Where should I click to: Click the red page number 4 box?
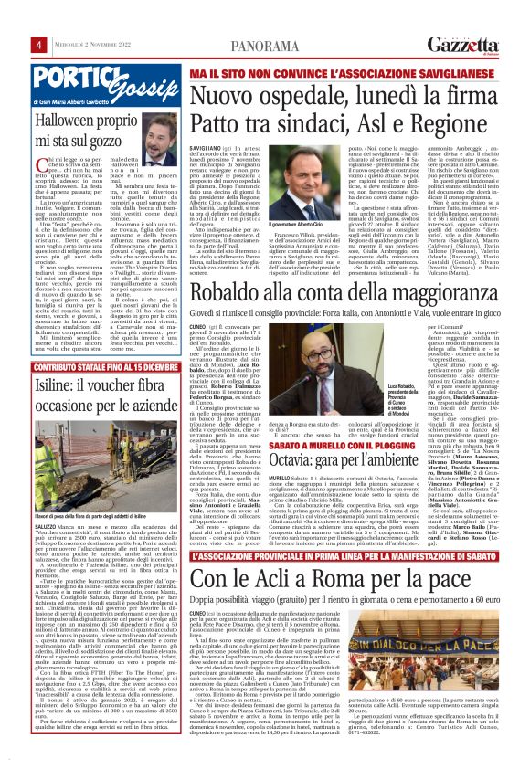15,19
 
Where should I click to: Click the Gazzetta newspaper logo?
476,17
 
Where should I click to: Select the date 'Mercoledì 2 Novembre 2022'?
63,19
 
